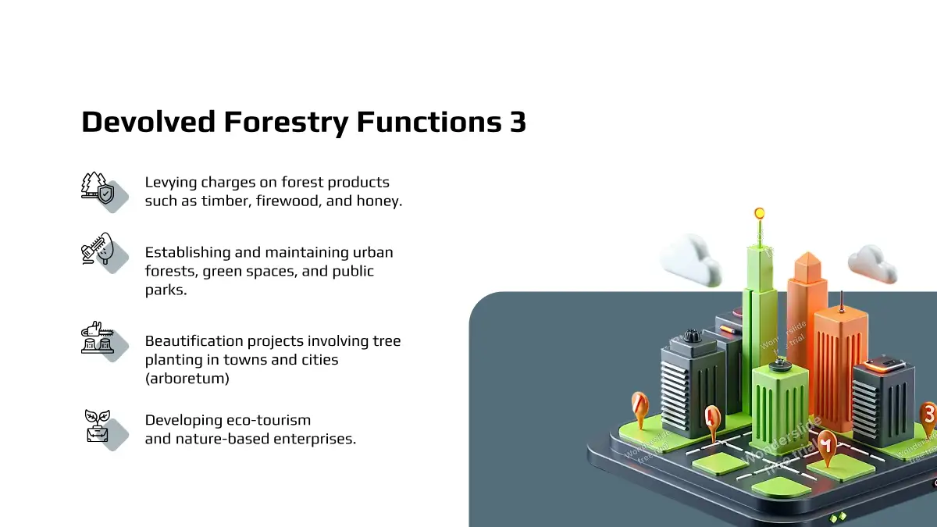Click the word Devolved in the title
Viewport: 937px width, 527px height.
(x=148, y=122)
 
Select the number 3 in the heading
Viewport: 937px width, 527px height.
(x=518, y=122)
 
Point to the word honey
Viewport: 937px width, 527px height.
(x=379, y=201)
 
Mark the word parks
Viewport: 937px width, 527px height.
(x=166, y=290)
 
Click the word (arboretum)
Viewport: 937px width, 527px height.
(x=187, y=379)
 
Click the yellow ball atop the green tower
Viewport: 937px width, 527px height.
(x=759, y=213)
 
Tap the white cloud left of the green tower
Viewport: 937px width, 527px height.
(x=691, y=259)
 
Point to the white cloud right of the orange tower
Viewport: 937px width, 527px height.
(x=873, y=264)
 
